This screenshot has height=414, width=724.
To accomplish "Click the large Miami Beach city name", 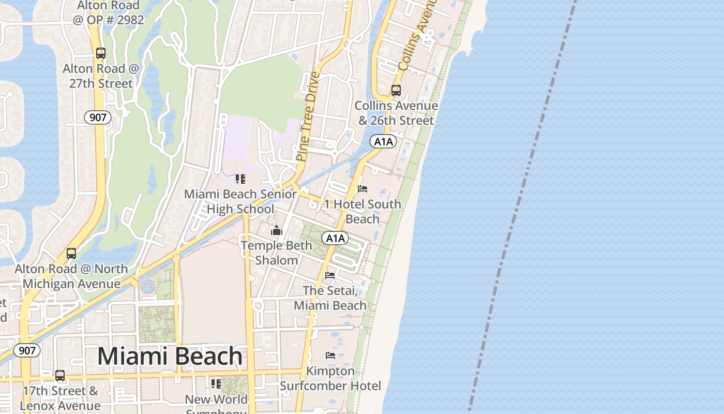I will (170, 357).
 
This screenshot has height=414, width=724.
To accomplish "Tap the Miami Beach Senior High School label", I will (240, 201).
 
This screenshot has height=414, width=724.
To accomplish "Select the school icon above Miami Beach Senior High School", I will (240, 179).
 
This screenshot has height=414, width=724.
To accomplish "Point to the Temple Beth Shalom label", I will (277, 253).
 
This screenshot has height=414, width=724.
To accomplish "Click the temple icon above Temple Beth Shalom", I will (277, 230).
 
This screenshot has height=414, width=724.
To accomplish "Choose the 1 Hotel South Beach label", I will (363, 211).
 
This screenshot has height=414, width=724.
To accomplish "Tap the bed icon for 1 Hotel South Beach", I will (363, 188).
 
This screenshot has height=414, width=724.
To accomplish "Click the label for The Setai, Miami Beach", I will (330, 298).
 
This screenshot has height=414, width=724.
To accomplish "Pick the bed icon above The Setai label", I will (330, 275).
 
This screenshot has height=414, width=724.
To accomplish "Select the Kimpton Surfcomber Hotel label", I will (330, 378).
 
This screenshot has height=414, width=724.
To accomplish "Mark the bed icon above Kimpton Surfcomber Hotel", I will (330, 355).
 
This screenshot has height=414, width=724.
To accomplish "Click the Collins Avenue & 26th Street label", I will (396, 113).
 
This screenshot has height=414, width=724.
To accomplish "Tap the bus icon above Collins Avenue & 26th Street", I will (396, 91).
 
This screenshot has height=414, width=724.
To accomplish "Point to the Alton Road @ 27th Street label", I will (101, 76).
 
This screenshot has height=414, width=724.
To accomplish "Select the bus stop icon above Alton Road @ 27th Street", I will (101, 53).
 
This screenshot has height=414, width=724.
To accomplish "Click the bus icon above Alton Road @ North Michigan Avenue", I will (71, 254).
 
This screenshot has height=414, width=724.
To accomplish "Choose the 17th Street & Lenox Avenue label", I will (60, 398).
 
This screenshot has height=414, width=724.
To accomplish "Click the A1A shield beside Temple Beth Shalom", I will (335, 238).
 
